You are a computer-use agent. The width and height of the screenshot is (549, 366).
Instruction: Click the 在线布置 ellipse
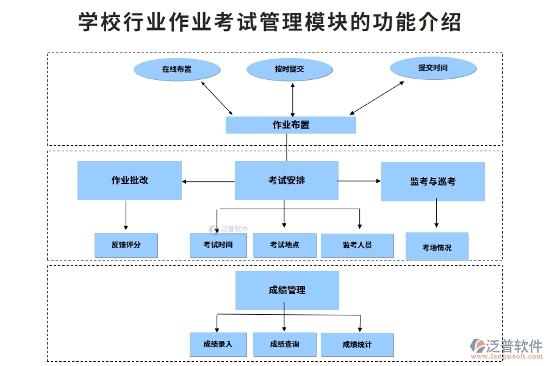click(x=177, y=70)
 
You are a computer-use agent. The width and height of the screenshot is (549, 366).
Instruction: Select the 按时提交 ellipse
click(x=289, y=70)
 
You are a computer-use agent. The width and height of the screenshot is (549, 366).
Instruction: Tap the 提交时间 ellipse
click(x=433, y=68)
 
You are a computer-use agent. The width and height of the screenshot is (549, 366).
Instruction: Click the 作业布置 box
click(x=290, y=125)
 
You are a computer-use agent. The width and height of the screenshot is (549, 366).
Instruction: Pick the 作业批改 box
click(x=129, y=181)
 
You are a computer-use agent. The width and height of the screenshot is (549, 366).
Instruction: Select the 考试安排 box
click(x=286, y=181)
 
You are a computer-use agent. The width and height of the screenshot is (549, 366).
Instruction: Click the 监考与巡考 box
click(x=432, y=182)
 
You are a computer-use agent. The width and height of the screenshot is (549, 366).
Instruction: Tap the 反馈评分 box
click(x=126, y=245)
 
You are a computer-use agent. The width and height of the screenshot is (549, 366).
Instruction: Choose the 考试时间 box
click(x=218, y=245)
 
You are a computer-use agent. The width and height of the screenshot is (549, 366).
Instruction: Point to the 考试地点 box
click(x=284, y=245)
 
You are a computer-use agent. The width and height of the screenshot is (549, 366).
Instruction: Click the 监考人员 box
click(x=357, y=245)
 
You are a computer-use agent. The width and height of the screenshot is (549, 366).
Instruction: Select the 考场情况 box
click(x=437, y=247)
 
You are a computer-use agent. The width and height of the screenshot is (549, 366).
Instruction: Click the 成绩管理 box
click(x=287, y=290)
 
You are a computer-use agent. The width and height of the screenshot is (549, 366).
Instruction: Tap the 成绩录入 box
click(x=218, y=345)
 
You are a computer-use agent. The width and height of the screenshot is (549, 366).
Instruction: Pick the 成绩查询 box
click(x=284, y=345)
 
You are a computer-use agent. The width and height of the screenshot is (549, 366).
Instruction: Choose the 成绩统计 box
click(x=357, y=345)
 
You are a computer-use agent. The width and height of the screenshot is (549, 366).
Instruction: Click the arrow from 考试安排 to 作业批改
click(x=208, y=181)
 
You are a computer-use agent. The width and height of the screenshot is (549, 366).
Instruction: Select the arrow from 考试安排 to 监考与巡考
click(x=359, y=181)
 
